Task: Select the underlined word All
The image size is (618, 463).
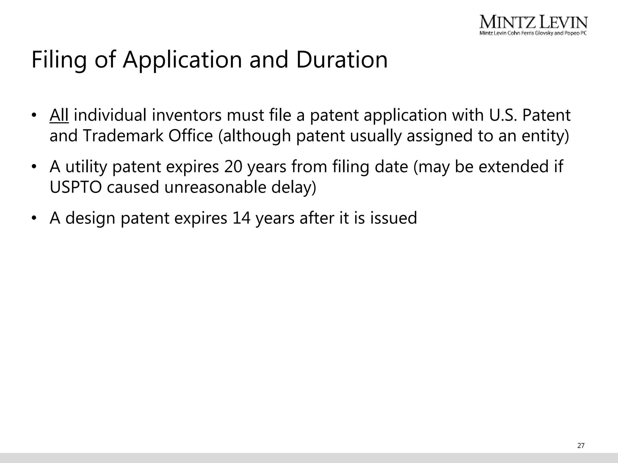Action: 59,115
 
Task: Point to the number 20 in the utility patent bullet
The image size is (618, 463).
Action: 233,167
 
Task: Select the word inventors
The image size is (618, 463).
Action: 187,115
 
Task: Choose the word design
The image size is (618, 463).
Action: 90,218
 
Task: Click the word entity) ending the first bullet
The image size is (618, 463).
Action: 545,136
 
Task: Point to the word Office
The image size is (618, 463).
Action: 191,136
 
